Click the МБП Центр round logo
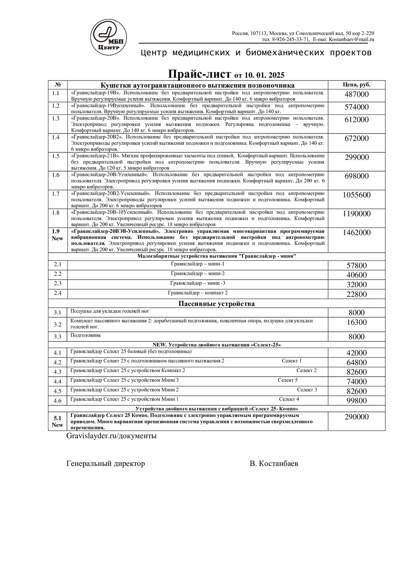coord(110,36)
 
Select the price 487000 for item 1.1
coord(357,94)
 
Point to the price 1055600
coord(357,195)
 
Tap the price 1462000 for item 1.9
coord(357,233)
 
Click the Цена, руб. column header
coord(357,85)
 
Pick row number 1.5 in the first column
coord(56,156)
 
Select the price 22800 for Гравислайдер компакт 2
coord(357,294)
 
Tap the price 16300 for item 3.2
coord(357,322)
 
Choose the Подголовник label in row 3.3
coord(86,335)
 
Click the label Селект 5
coord(288,380)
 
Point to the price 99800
coord(357,401)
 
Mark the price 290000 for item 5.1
coord(357,417)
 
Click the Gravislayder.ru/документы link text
coord(111,436)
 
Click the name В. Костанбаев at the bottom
coord(274,464)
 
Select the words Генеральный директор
coord(106,464)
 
